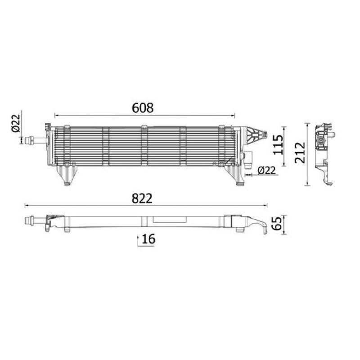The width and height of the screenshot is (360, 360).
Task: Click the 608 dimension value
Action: [143, 108]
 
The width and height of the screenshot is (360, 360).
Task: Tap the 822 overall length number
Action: [142, 198]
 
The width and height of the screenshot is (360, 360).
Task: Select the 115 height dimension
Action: [278, 145]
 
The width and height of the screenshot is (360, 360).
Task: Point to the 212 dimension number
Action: [300, 153]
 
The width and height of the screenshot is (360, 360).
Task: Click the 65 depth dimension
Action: [276, 223]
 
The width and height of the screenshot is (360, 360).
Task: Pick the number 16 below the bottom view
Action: [148, 239]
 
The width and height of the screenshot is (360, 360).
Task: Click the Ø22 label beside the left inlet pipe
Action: [16, 123]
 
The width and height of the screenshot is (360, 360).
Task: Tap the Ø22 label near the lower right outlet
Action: [266, 171]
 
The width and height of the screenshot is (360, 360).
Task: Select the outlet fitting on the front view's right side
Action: [248, 159]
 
